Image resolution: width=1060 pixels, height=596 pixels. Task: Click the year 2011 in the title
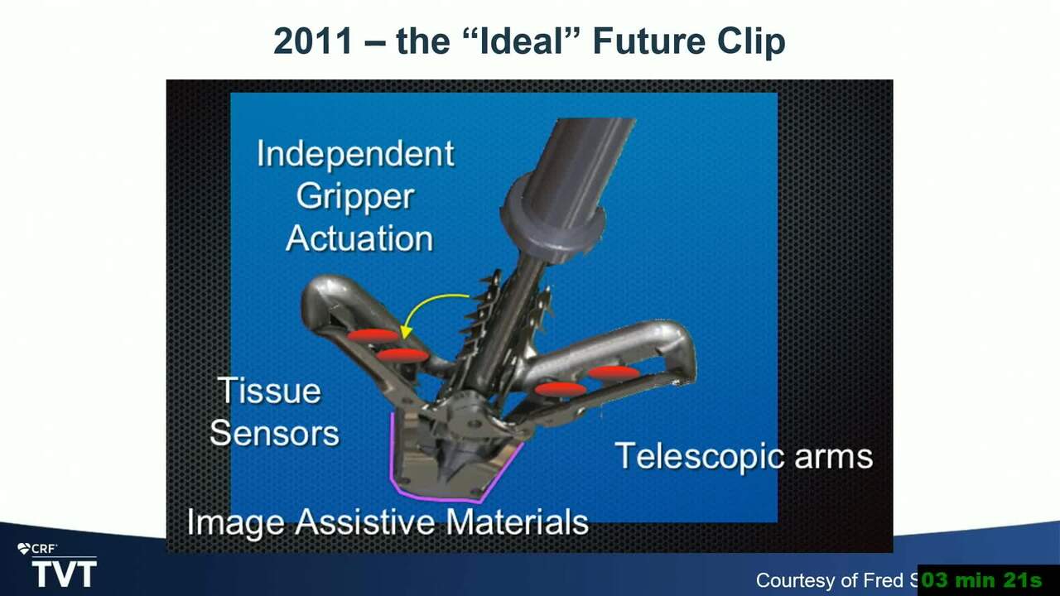(313, 41)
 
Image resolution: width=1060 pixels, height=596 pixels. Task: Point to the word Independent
(356, 154)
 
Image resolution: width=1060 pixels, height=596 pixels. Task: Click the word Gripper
(355, 198)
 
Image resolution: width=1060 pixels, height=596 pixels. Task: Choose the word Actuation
(359, 238)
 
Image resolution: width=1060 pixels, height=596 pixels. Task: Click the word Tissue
(269, 391)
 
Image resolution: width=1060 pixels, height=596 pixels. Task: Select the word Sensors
(274, 433)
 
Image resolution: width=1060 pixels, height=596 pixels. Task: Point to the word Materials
(518, 521)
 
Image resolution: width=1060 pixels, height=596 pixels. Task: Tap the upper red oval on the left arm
(373, 336)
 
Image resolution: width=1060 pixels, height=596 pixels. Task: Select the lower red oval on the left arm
(402, 355)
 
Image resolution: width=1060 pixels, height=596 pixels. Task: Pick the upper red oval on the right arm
(614, 372)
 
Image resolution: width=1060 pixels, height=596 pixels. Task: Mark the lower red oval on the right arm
(561, 389)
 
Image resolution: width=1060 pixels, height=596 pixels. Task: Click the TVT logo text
(65, 574)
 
